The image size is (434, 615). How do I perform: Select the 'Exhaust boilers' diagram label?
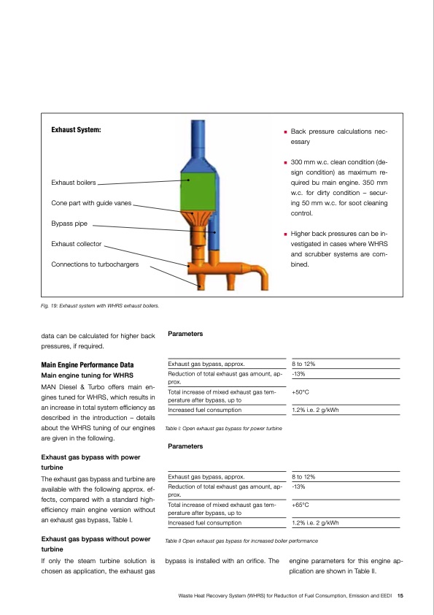pyautogui.click(x=73, y=183)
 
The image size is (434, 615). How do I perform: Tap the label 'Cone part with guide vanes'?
pyautogui.click(x=91, y=202)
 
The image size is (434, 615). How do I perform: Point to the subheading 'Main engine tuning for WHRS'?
pyautogui.click(x=86, y=375)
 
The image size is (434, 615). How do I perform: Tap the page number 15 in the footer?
pyautogui.click(x=400, y=595)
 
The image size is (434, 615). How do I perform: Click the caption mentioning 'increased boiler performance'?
pyautogui.click(x=241, y=541)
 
